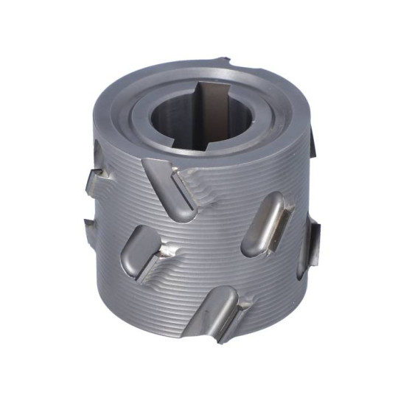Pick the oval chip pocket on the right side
[x=266, y=225]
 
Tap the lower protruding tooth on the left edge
[x=89, y=223]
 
